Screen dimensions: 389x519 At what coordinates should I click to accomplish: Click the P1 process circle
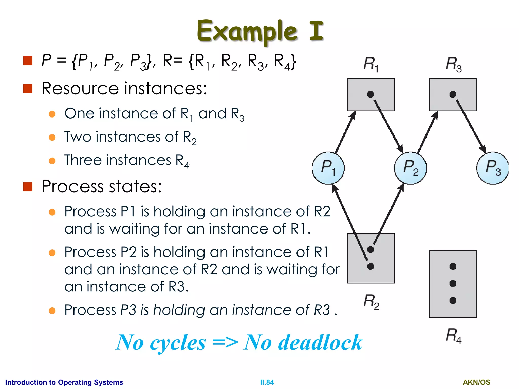[x=328, y=168]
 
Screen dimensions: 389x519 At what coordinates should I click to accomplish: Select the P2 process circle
[x=410, y=168]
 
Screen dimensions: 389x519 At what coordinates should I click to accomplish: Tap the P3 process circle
[x=492, y=168]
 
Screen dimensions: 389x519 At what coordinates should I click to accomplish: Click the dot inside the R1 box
[x=370, y=94]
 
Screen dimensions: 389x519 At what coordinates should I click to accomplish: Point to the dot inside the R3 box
[x=453, y=94]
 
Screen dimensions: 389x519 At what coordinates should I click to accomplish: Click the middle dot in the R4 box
[x=453, y=283]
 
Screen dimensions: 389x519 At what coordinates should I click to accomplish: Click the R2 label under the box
[x=371, y=301]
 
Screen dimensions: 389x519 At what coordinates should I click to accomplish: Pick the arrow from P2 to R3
[x=428, y=132]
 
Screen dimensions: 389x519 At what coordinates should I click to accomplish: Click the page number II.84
[x=267, y=382]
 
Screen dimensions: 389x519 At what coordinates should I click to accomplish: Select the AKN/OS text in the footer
[x=476, y=382]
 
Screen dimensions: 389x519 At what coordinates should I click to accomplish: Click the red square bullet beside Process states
[x=28, y=187]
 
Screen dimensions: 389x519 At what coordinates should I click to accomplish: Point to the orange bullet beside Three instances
[x=52, y=161]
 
